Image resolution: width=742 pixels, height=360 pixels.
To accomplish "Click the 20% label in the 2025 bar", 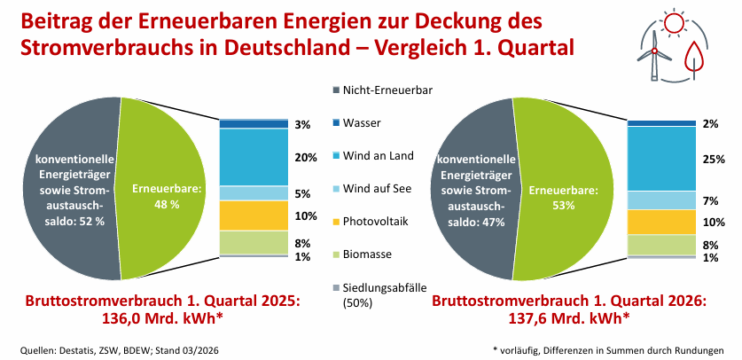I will click(x=306, y=158).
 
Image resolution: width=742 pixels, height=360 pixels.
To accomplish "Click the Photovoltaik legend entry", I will click(x=377, y=221).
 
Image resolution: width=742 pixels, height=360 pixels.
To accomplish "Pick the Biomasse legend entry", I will click(x=367, y=254).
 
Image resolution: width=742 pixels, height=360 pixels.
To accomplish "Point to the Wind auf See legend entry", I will click(x=378, y=188).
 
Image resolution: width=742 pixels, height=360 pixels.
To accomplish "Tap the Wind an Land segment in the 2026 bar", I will click(x=660, y=159).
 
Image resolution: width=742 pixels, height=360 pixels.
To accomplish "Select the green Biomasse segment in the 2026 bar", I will click(x=660, y=245).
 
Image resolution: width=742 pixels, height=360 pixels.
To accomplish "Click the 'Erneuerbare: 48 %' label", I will click(x=156, y=196).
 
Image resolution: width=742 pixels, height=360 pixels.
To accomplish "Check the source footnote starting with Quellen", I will click(x=119, y=350).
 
